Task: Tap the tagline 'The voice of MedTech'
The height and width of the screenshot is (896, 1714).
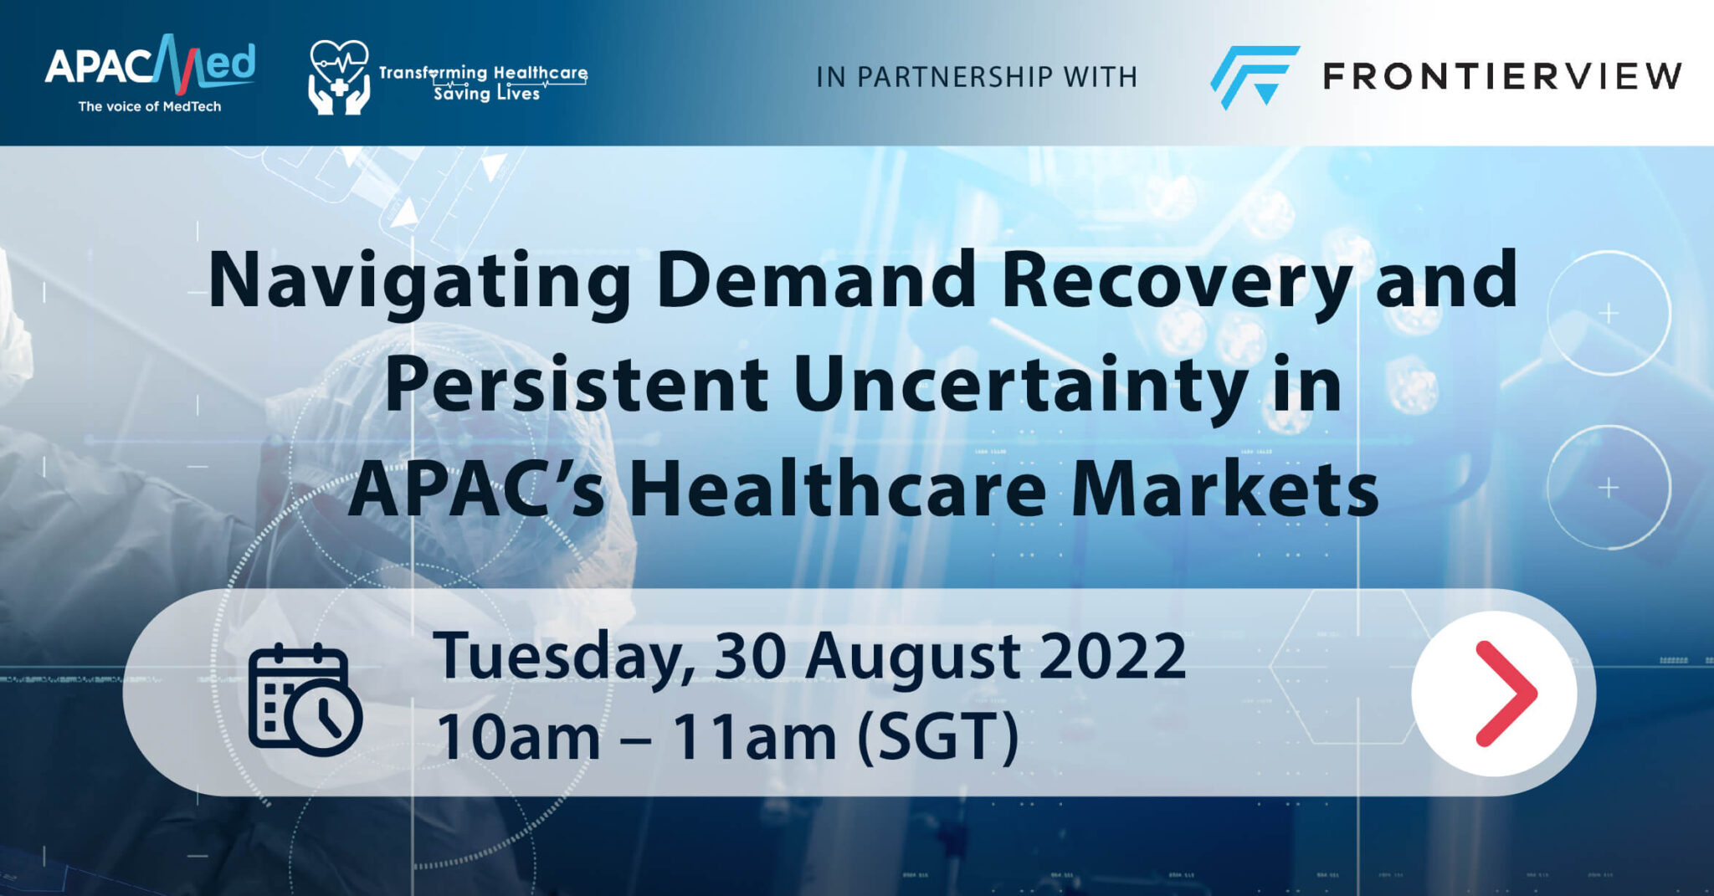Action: click(x=150, y=106)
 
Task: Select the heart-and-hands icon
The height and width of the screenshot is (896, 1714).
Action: click(x=338, y=77)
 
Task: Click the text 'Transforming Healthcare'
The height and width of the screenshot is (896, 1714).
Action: click(x=483, y=73)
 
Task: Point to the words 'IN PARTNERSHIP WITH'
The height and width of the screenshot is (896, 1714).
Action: click(x=977, y=77)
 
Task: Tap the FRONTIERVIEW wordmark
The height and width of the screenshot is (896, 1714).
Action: click(x=1502, y=76)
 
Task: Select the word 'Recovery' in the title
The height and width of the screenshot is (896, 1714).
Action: click(x=1175, y=282)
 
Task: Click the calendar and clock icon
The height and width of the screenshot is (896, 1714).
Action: click(x=305, y=699)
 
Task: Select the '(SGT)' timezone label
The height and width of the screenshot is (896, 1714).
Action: click(x=938, y=736)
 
